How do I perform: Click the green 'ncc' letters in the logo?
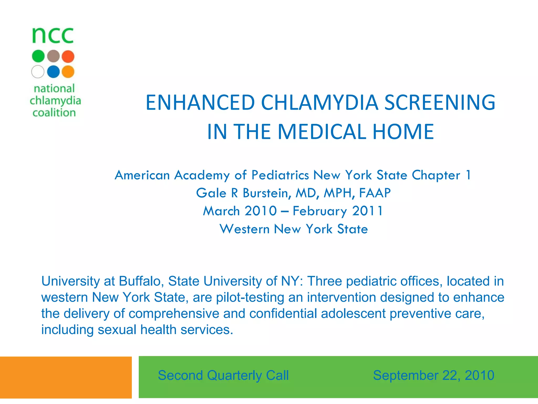[53, 36]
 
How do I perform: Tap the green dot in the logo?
[38, 56]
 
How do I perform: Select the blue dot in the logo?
[53, 72]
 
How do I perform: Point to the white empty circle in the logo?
[38, 72]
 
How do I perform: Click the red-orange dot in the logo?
[68, 56]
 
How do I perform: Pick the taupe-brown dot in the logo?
[53, 56]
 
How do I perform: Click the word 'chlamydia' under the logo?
[55, 101]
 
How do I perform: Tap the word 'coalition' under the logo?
[54, 113]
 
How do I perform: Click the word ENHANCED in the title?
[200, 102]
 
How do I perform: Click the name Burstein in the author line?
[267, 193]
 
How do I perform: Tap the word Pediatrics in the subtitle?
[280, 175]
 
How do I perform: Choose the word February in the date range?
[320, 211]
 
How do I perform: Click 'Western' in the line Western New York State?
[245, 229]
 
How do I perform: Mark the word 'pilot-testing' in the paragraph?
[250, 297]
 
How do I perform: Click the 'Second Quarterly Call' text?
[223, 375]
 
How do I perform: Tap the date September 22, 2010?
[433, 375]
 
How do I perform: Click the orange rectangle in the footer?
[66, 377]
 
